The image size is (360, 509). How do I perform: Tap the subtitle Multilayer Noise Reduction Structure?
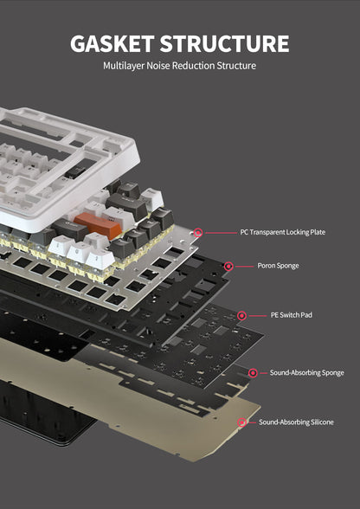tap(179, 66)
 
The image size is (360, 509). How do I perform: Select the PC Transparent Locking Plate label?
tap(283, 232)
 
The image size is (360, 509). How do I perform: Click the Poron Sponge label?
tap(278, 266)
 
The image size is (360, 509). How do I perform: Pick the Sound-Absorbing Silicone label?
tap(296, 422)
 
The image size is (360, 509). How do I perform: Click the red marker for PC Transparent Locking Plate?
tap(198, 232)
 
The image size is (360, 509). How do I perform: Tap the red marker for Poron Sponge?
tap(228, 266)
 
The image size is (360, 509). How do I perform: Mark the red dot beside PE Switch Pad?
tap(241, 315)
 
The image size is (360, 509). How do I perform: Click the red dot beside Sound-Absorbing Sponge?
tap(253, 372)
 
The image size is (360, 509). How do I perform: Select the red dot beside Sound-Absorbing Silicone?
tap(241, 422)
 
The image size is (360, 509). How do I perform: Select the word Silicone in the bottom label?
tap(318, 422)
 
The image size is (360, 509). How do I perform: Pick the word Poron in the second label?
tap(267, 266)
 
